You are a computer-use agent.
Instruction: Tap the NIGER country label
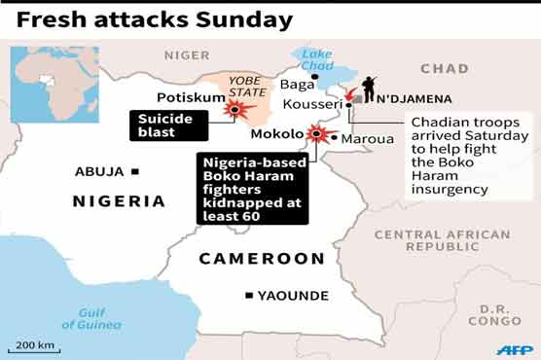(x=187, y=55)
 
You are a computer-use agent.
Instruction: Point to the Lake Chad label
(x=316, y=60)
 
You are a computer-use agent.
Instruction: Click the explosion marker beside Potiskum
(x=234, y=110)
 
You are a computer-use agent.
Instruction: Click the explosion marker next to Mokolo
(x=316, y=134)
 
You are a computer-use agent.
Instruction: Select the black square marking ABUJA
(x=135, y=172)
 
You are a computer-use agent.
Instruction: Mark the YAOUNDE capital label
(x=293, y=296)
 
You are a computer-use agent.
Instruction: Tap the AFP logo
(x=514, y=348)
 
